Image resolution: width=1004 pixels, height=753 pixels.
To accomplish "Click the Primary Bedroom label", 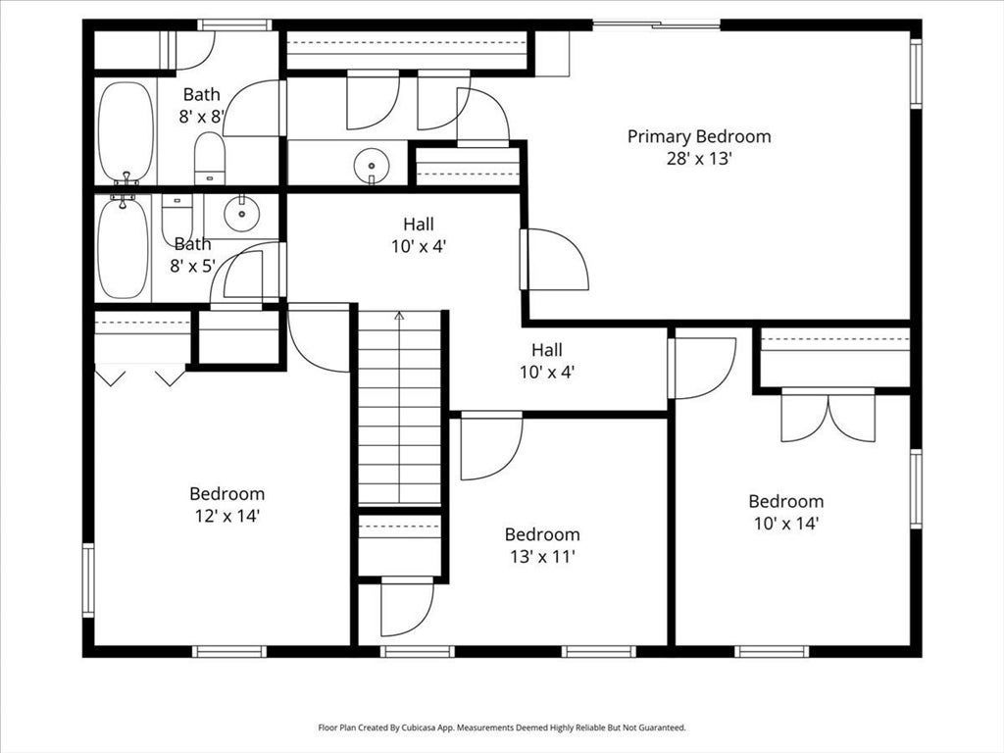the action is tap(698, 136).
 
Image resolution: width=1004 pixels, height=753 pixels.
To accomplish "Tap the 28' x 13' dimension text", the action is tap(698, 158).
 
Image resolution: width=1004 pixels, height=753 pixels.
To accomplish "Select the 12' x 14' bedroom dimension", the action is tap(226, 516).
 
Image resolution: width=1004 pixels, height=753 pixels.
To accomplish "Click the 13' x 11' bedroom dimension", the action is tap(542, 556).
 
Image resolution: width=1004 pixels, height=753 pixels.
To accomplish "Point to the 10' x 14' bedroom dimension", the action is tap(786, 524).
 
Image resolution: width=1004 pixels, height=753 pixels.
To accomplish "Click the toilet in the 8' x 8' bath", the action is tap(210, 158).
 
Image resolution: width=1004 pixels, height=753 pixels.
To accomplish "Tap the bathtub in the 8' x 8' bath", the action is tap(126, 133).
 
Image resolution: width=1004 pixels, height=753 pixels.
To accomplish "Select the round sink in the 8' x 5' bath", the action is tap(242, 214).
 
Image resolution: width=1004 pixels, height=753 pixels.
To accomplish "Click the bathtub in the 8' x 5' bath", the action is tap(123, 246).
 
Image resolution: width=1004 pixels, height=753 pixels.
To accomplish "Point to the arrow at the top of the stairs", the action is tap(399, 316).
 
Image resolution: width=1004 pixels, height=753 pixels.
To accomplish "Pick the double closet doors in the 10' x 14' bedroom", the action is tap(828, 415).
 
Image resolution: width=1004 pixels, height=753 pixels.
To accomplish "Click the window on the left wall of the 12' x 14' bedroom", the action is tap(88, 580).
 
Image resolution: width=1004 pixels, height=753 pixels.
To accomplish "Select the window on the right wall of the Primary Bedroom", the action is tap(916, 72).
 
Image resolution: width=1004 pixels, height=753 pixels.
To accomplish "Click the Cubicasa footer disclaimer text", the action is tap(502, 728).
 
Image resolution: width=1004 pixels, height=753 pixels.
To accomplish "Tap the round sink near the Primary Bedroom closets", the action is tap(372, 164).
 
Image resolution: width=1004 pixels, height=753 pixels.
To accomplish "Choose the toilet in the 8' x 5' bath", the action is tap(177, 217).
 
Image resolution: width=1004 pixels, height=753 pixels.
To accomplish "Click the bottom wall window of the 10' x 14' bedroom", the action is tap(772, 652).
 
